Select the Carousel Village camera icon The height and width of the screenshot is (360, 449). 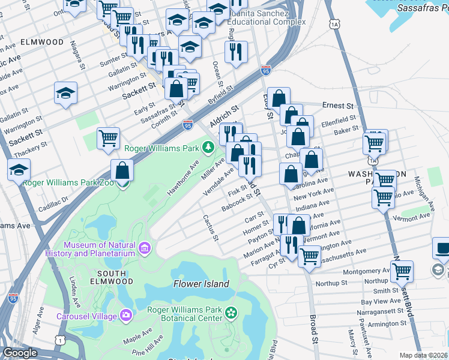(x=126, y=315)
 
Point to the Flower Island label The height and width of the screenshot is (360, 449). (x=201, y=284)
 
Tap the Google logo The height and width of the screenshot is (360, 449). (x=20, y=353)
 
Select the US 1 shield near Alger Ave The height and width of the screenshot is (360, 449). (x=58, y=340)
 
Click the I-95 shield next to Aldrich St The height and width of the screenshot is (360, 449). (x=188, y=125)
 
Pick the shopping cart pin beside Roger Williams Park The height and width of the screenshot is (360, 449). (x=109, y=138)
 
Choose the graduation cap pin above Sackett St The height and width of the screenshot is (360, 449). (x=65, y=93)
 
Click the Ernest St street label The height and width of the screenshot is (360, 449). (x=339, y=106)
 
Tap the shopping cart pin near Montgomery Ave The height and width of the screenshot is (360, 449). (x=402, y=271)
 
